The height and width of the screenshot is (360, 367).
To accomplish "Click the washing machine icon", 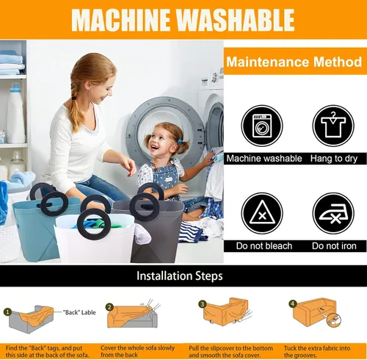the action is (x=262, y=126).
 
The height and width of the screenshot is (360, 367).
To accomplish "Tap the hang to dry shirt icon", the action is (x=333, y=126).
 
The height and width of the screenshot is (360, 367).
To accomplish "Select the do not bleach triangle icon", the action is (x=262, y=213).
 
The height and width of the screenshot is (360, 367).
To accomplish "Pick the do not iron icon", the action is (x=333, y=213).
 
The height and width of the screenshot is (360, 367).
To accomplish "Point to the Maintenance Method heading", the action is (x=294, y=62).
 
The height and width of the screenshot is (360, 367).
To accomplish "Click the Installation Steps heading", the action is (x=180, y=276).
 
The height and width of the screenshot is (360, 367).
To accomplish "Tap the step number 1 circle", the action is (x=8, y=312).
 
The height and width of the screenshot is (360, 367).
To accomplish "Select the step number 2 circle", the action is (x=109, y=307).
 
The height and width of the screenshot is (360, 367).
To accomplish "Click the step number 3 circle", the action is (x=203, y=304).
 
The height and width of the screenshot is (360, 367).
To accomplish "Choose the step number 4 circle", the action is (x=293, y=304).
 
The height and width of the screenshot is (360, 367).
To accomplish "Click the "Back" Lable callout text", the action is (x=79, y=312).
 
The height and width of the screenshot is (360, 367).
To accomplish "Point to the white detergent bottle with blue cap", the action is (x=16, y=113).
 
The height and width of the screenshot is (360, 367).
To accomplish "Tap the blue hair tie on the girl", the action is (x=180, y=142).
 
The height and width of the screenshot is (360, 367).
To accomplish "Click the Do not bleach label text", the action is (x=264, y=246).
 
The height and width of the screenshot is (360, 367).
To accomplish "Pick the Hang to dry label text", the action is (x=334, y=159).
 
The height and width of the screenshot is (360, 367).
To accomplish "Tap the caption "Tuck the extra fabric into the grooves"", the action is (x=317, y=351).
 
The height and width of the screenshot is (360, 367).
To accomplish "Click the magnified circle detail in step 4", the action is (x=334, y=320).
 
